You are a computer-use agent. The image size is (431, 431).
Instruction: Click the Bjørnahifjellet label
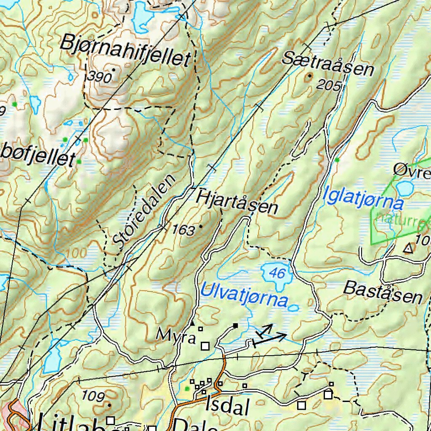(x=125, y=51)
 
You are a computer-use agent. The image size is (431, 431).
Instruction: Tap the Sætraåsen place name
(x=327, y=63)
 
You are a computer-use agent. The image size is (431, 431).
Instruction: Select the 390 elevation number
(x=100, y=77)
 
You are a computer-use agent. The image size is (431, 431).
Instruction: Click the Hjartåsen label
(x=237, y=201)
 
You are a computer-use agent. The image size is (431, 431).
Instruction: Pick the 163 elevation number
(x=183, y=230)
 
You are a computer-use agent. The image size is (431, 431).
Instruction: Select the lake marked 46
(x=277, y=274)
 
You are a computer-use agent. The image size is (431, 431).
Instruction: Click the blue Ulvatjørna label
(x=244, y=295)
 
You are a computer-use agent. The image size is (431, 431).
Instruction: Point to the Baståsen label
(x=383, y=293)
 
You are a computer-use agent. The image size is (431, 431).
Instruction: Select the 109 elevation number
(x=93, y=396)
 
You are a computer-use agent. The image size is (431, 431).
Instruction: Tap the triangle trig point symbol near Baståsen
(x=407, y=249)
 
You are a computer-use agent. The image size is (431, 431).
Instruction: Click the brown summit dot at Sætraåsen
(x=310, y=76)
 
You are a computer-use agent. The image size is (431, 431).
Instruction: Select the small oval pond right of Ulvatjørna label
(x=294, y=308)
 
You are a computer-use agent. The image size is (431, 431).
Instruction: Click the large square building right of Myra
(x=205, y=346)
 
